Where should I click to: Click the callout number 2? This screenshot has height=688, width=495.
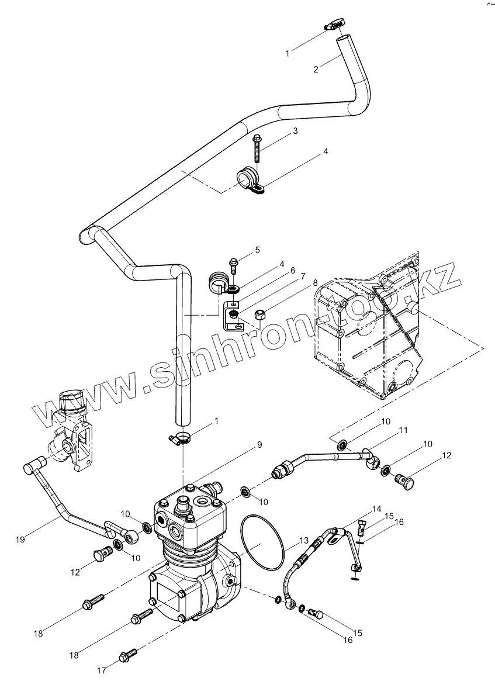click(x=316, y=69)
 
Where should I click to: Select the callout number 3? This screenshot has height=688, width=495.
click(x=296, y=131)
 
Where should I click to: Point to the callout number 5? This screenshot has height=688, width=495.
click(x=257, y=250)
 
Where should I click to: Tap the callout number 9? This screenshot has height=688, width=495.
click(x=259, y=444)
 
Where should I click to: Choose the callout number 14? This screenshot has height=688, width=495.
click(x=376, y=509)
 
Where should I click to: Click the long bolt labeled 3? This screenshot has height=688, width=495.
click(x=258, y=148)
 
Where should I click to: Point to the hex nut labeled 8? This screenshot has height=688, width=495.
click(x=260, y=316)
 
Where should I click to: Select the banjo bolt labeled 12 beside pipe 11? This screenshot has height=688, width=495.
click(x=402, y=482)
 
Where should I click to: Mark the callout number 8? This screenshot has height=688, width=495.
click(x=315, y=282)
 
